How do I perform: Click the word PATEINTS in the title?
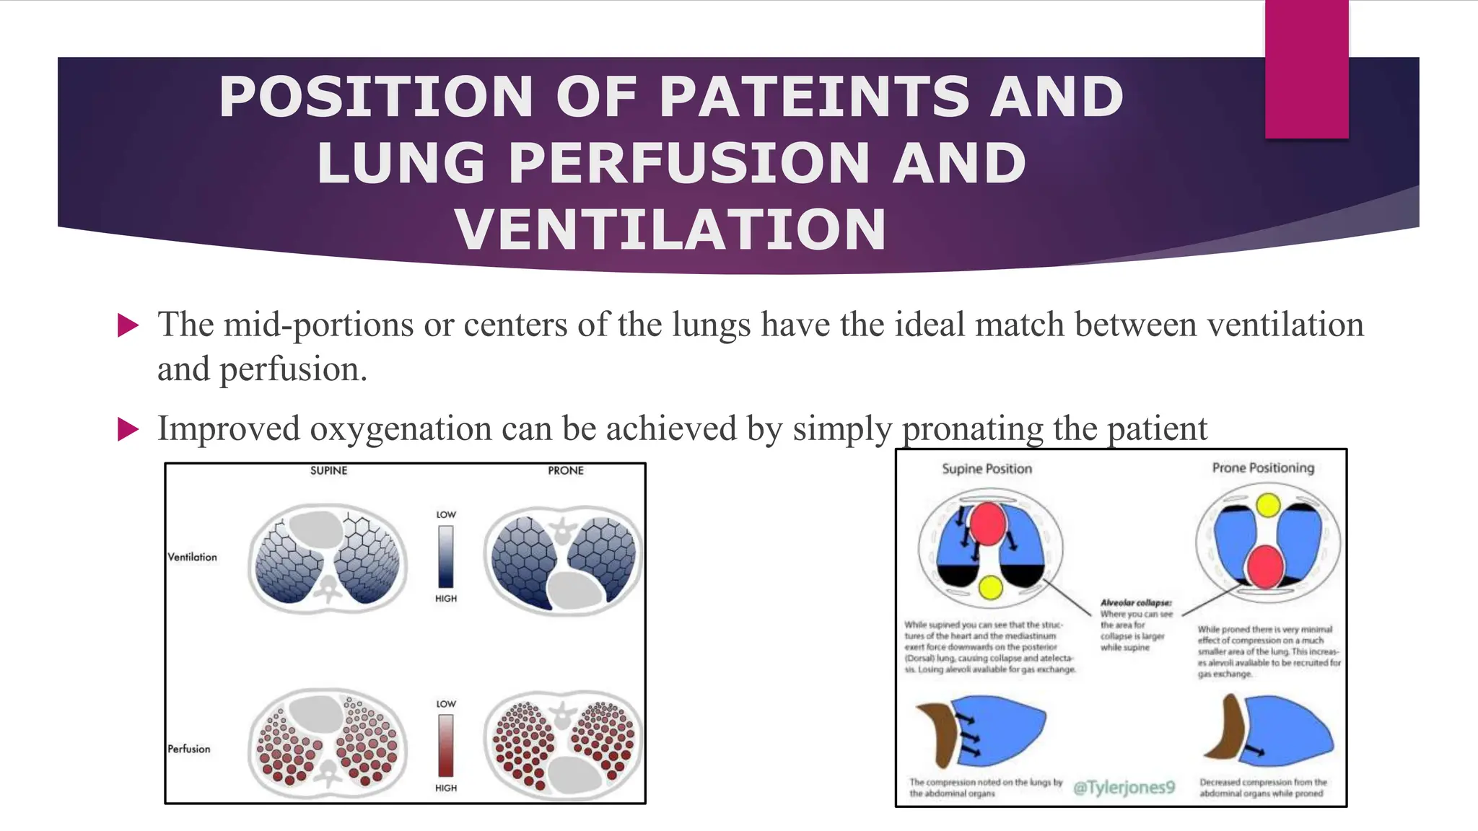tap(814, 97)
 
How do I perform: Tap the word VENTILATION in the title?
tap(670, 229)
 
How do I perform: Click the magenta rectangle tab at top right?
tap(1306, 69)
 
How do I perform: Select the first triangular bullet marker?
tap(128, 325)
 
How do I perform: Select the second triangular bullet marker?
tap(128, 430)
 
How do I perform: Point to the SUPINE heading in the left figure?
tap(328, 470)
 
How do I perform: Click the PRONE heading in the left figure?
tap(565, 470)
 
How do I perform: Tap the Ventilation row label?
tap(192, 557)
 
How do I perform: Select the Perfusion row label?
tap(189, 749)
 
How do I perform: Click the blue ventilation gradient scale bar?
tap(446, 556)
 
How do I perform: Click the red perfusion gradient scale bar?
tap(446, 745)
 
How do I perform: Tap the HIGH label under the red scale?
tap(446, 788)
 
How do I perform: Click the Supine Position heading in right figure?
tap(987, 469)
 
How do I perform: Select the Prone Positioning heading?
tap(1263, 467)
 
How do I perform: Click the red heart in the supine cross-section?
tap(987, 523)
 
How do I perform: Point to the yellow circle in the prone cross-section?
tap(1268, 505)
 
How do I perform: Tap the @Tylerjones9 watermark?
tap(1124, 787)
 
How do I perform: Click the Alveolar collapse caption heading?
tap(1136, 602)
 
